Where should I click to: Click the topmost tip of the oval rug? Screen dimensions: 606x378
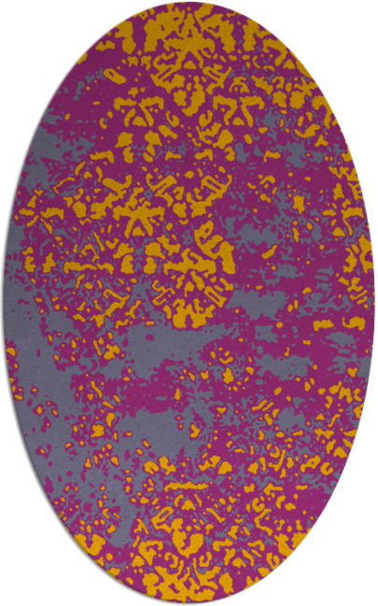(x=189, y=3)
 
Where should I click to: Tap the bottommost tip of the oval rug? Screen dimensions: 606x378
(x=189, y=603)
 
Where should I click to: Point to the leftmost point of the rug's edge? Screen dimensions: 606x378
(x=3, y=303)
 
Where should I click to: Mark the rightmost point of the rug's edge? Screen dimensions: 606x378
(x=374, y=303)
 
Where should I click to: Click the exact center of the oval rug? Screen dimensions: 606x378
(x=189, y=303)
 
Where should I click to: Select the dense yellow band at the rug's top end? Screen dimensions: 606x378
(x=187, y=37)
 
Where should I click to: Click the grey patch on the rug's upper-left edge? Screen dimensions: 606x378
(x=56, y=140)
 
